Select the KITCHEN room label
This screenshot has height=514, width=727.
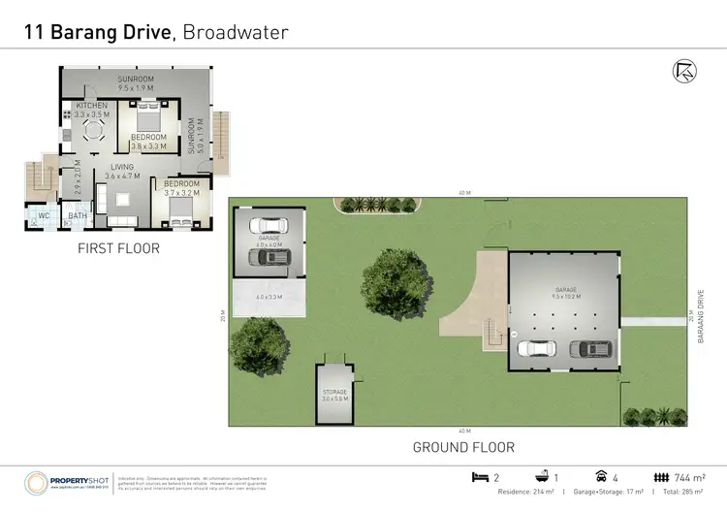pyautogui.click(x=91, y=105)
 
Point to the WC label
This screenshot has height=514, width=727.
pyautogui.click(x=45, y=215)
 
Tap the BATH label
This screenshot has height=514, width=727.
pyautogui.click(x=78, y=215)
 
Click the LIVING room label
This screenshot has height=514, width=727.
pyautogui.click(x=122, y=168)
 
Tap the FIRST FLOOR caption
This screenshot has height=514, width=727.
pyautogui.click(x=118, y=249)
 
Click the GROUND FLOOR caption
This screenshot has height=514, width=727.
pyautogui.click(x=463, y=447)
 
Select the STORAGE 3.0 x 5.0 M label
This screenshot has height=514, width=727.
pyautogui.click(x=334, y=394)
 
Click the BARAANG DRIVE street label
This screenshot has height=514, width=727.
pyautogui.click(x=699, y=316)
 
